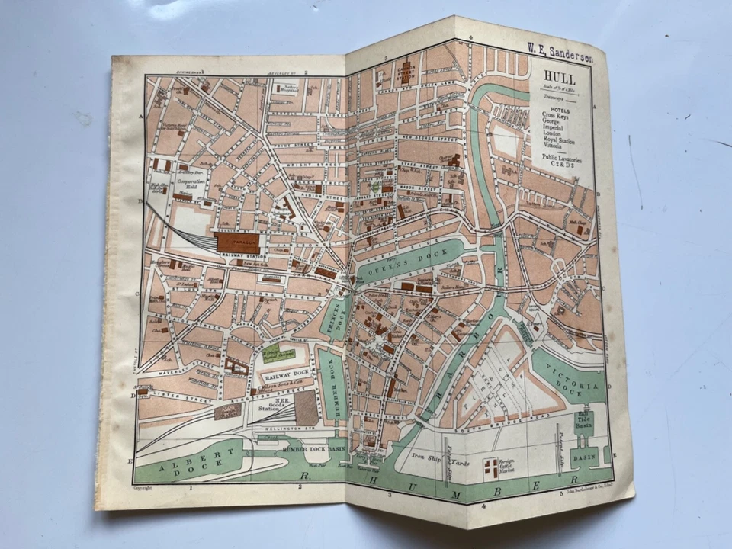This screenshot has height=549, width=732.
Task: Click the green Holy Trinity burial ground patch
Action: click(271, 352)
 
